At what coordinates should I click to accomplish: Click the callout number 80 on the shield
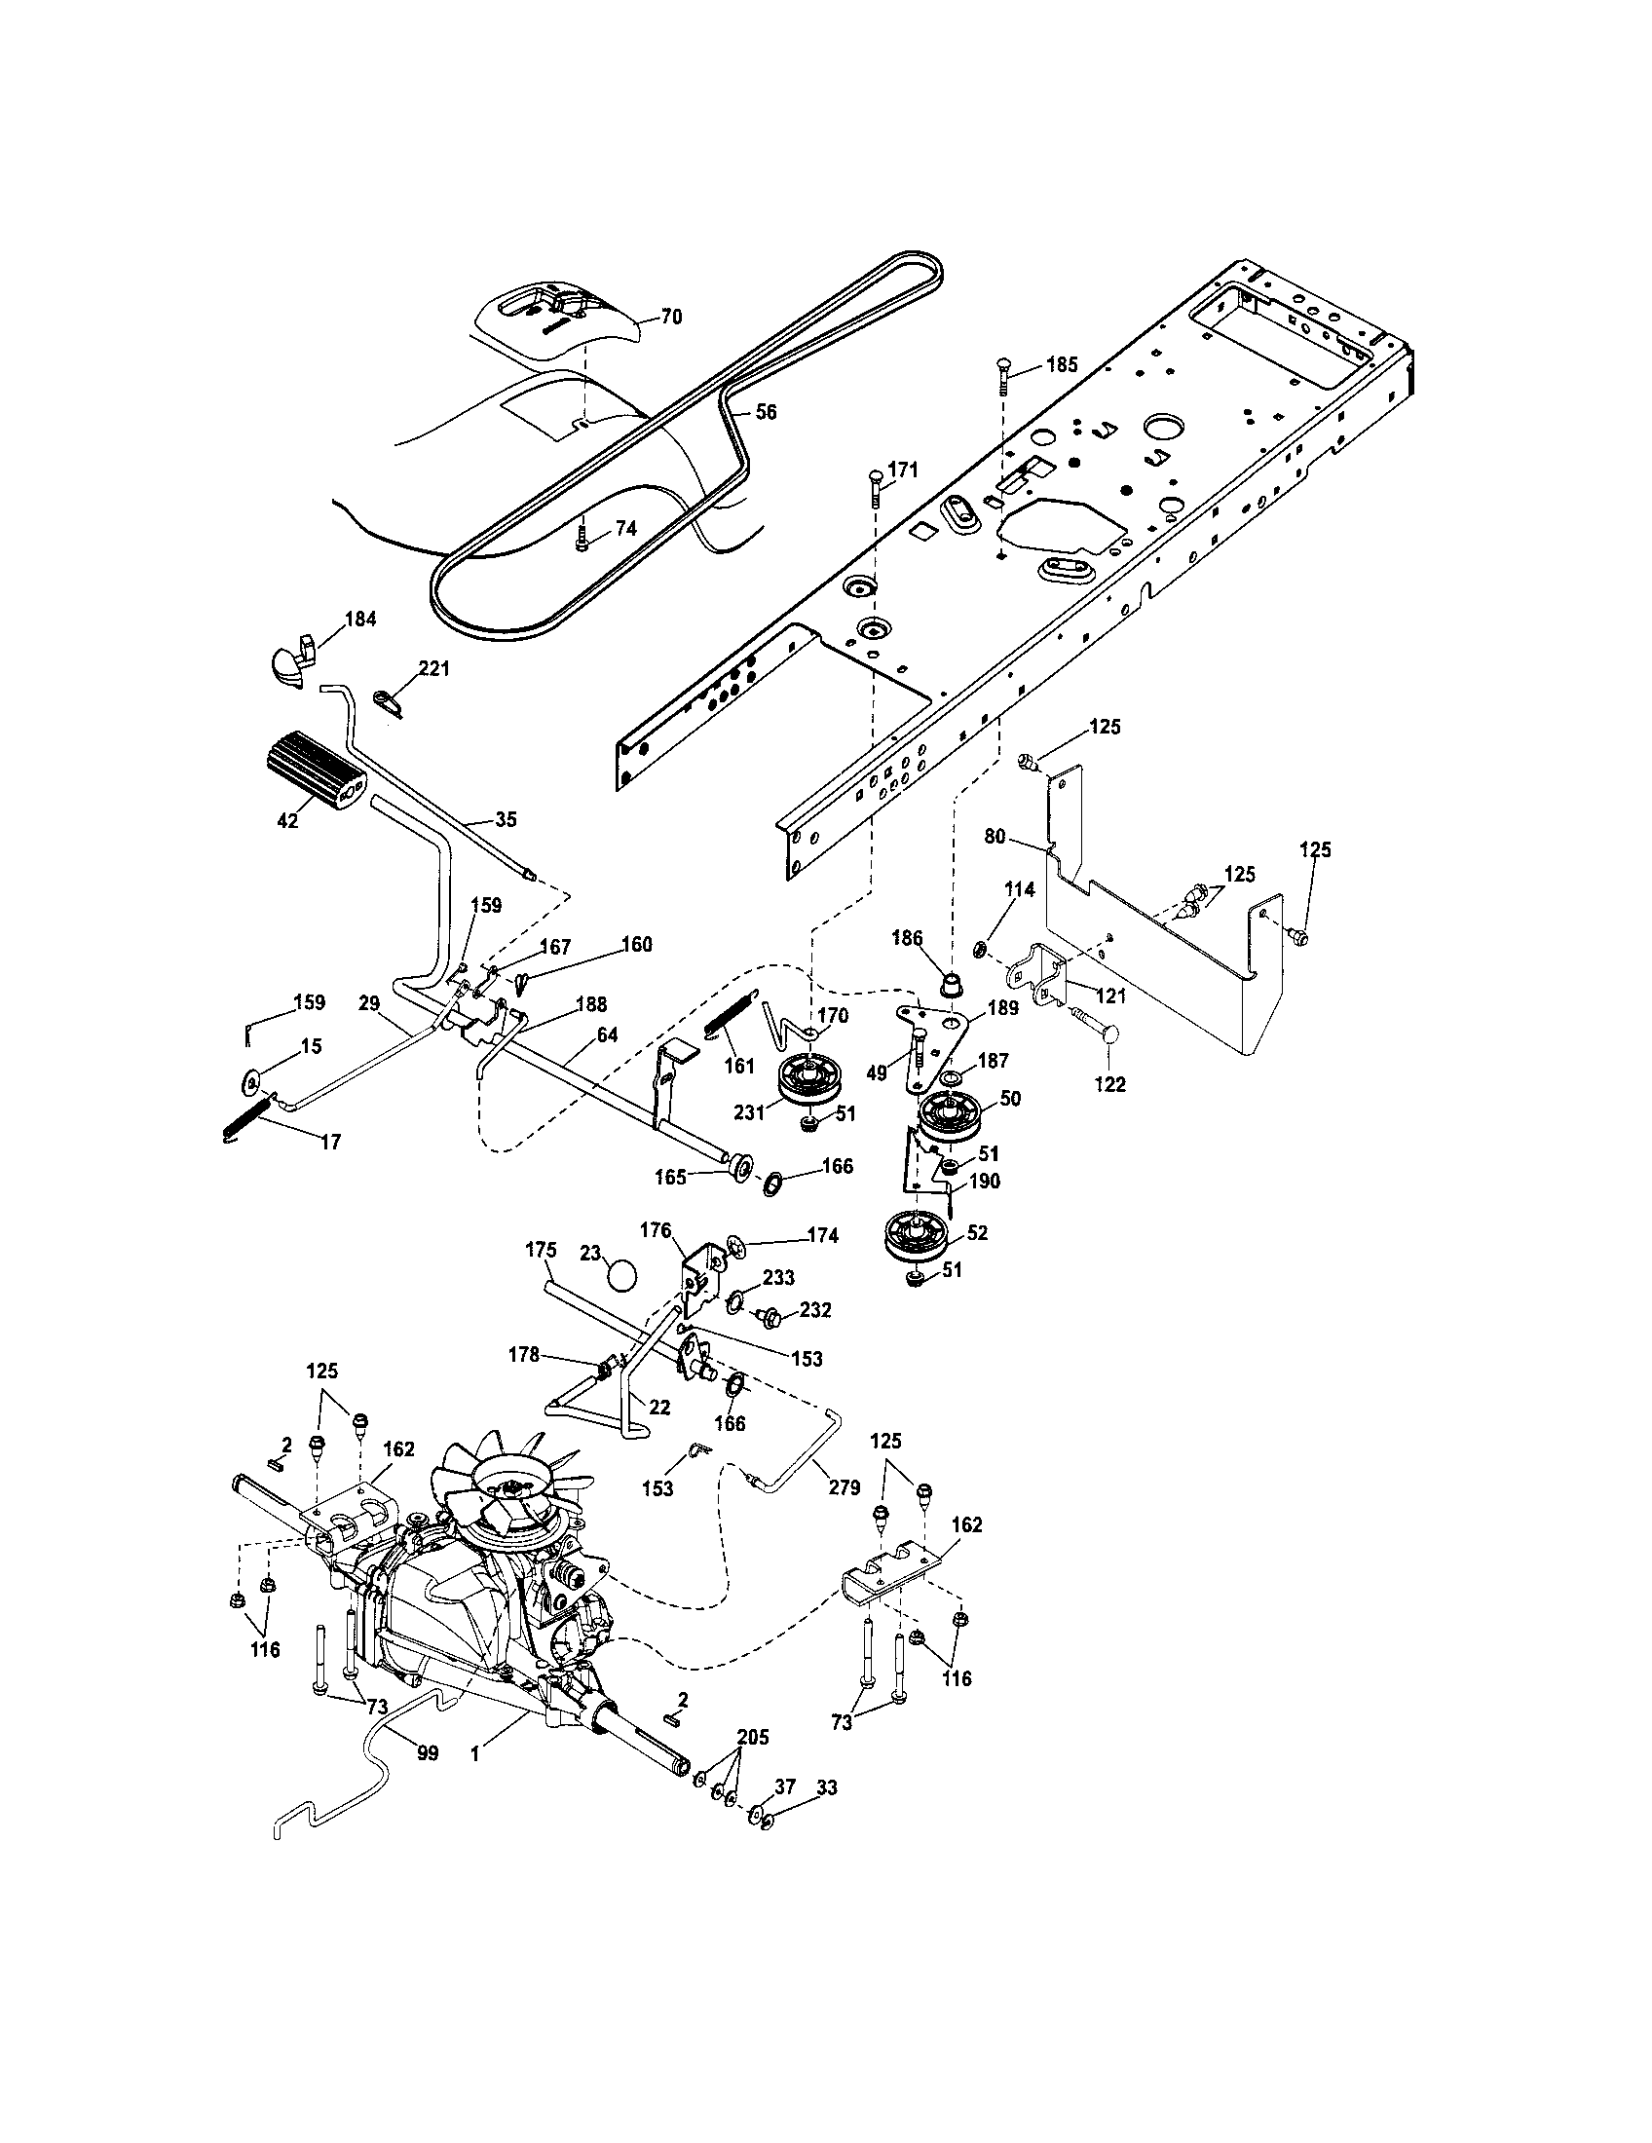(995, 837)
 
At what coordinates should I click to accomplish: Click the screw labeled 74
(582, 537)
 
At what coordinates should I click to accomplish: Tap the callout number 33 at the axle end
(826, 1786)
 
